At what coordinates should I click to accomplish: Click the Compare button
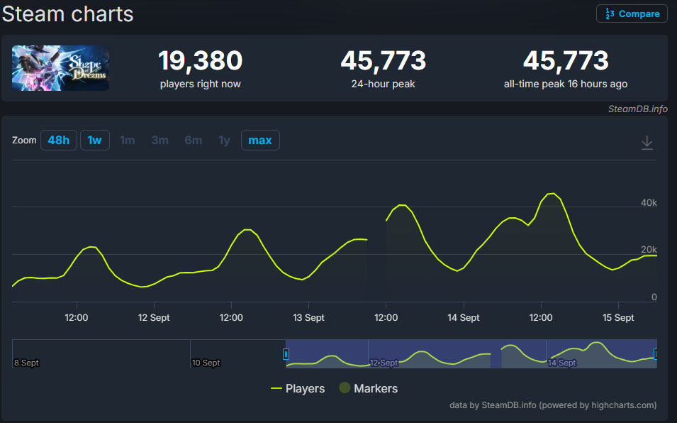(632, 13)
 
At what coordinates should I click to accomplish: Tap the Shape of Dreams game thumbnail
(60, 68)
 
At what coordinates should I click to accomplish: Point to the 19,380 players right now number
(200, 61)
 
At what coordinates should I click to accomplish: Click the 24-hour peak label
(383, 84)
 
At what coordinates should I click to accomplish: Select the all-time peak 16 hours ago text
(565, 84)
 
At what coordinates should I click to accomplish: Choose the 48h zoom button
(59, 141)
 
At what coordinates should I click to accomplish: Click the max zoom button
(260, 141)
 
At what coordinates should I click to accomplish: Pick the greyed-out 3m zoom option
(160, 141)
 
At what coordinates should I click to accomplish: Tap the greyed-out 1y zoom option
(224, 141)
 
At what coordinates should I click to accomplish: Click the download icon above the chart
(647, 143)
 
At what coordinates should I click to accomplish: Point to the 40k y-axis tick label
(649, 203)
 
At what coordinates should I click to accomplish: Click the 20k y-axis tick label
(649, 250)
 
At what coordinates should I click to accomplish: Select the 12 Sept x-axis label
(154, 318)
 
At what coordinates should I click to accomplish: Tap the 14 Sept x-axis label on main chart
(463, 318)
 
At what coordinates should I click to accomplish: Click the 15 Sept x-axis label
(618, 318)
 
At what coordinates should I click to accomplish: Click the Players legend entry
(298, 388)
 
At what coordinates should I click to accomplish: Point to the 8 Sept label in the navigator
(26, 363)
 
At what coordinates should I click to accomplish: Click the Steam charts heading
(68, 13)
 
